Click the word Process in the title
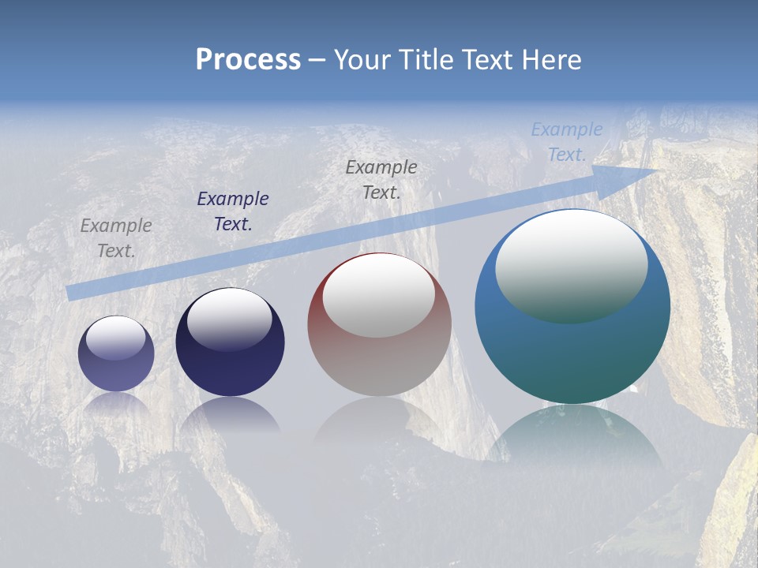coord(248,60)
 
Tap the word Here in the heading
coord(550,60)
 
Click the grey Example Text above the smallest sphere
coord(116,237)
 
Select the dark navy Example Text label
coord(233,211)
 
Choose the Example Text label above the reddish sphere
coord(381,179)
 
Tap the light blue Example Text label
coord(567,142)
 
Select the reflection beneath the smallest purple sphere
coord(116,404)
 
